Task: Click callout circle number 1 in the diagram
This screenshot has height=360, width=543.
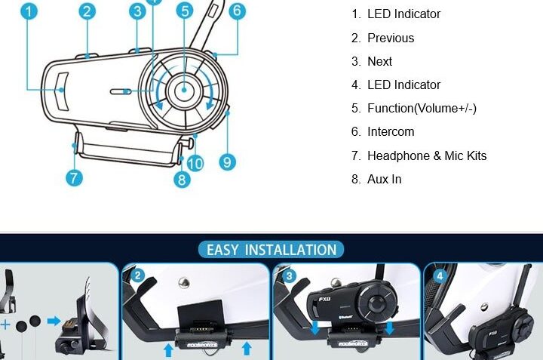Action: point(29,11)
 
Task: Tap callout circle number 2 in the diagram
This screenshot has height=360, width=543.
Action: point(87,11)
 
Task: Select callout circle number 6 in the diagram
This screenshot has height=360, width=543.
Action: point(238,11)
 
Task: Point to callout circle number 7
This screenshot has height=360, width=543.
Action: point(74,178)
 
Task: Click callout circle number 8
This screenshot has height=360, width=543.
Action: point(183,180)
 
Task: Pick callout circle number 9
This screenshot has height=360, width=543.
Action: point(228,162)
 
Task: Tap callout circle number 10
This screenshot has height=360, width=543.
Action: point(195,163)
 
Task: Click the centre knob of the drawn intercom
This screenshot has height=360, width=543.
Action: point(184,90)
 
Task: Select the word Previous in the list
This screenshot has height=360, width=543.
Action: point(391,38)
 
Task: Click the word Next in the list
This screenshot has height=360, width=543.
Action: point(379,61)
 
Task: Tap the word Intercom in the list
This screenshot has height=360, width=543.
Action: point(391,131)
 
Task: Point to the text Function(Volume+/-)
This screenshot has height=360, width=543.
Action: point(422,109)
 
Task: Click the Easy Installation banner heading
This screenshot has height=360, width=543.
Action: point(271,250)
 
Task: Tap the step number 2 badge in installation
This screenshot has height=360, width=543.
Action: point(138,275)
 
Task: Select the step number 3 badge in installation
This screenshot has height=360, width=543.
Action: point(289,276)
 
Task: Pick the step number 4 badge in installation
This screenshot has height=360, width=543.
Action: point(440,276)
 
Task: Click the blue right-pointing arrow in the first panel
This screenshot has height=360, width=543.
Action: point(54,321)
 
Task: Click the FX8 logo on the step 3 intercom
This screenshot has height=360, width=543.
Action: point(324,300)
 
